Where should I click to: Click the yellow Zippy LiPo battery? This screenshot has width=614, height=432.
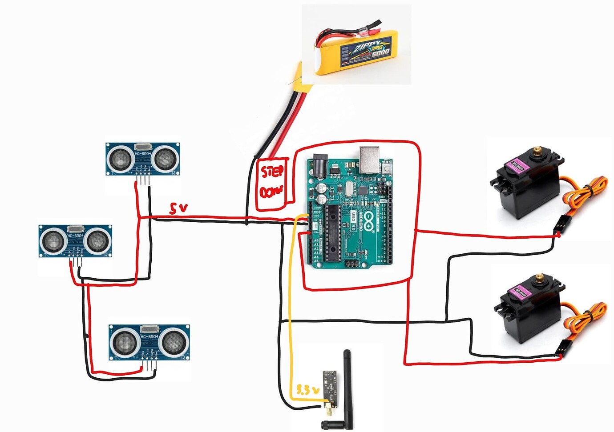tap(356, 51)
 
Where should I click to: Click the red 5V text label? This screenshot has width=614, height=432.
tap(178, 208)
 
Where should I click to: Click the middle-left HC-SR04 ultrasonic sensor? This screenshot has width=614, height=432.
tap(75, 241)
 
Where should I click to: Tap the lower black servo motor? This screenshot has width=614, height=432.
tap(529, 311)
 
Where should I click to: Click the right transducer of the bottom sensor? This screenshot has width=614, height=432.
tap(173, 341)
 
